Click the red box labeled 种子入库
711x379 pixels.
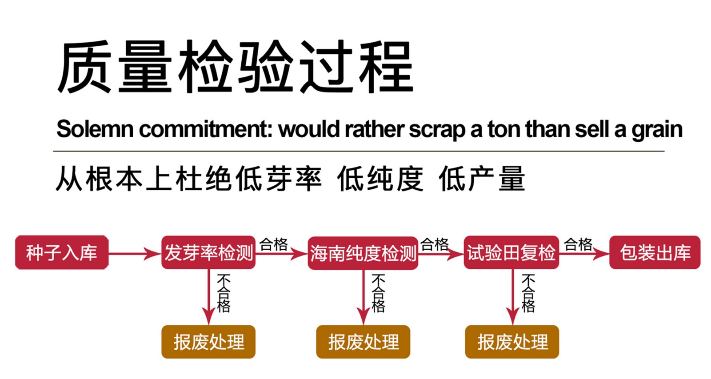click(62, 253)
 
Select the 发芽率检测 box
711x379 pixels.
click(208, 253)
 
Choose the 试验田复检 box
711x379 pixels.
click(511, 253)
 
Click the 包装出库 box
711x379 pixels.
click(655, 253)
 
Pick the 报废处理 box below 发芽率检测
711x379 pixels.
click(208, 342)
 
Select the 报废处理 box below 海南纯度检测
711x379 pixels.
click(363, 342)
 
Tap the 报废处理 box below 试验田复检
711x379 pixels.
click(512, 342)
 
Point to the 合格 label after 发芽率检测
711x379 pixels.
click(274, 244)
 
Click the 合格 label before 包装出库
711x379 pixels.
click(578, 244)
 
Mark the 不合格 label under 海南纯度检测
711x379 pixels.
click(378, 293)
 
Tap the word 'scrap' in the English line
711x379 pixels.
click(437, 129)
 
